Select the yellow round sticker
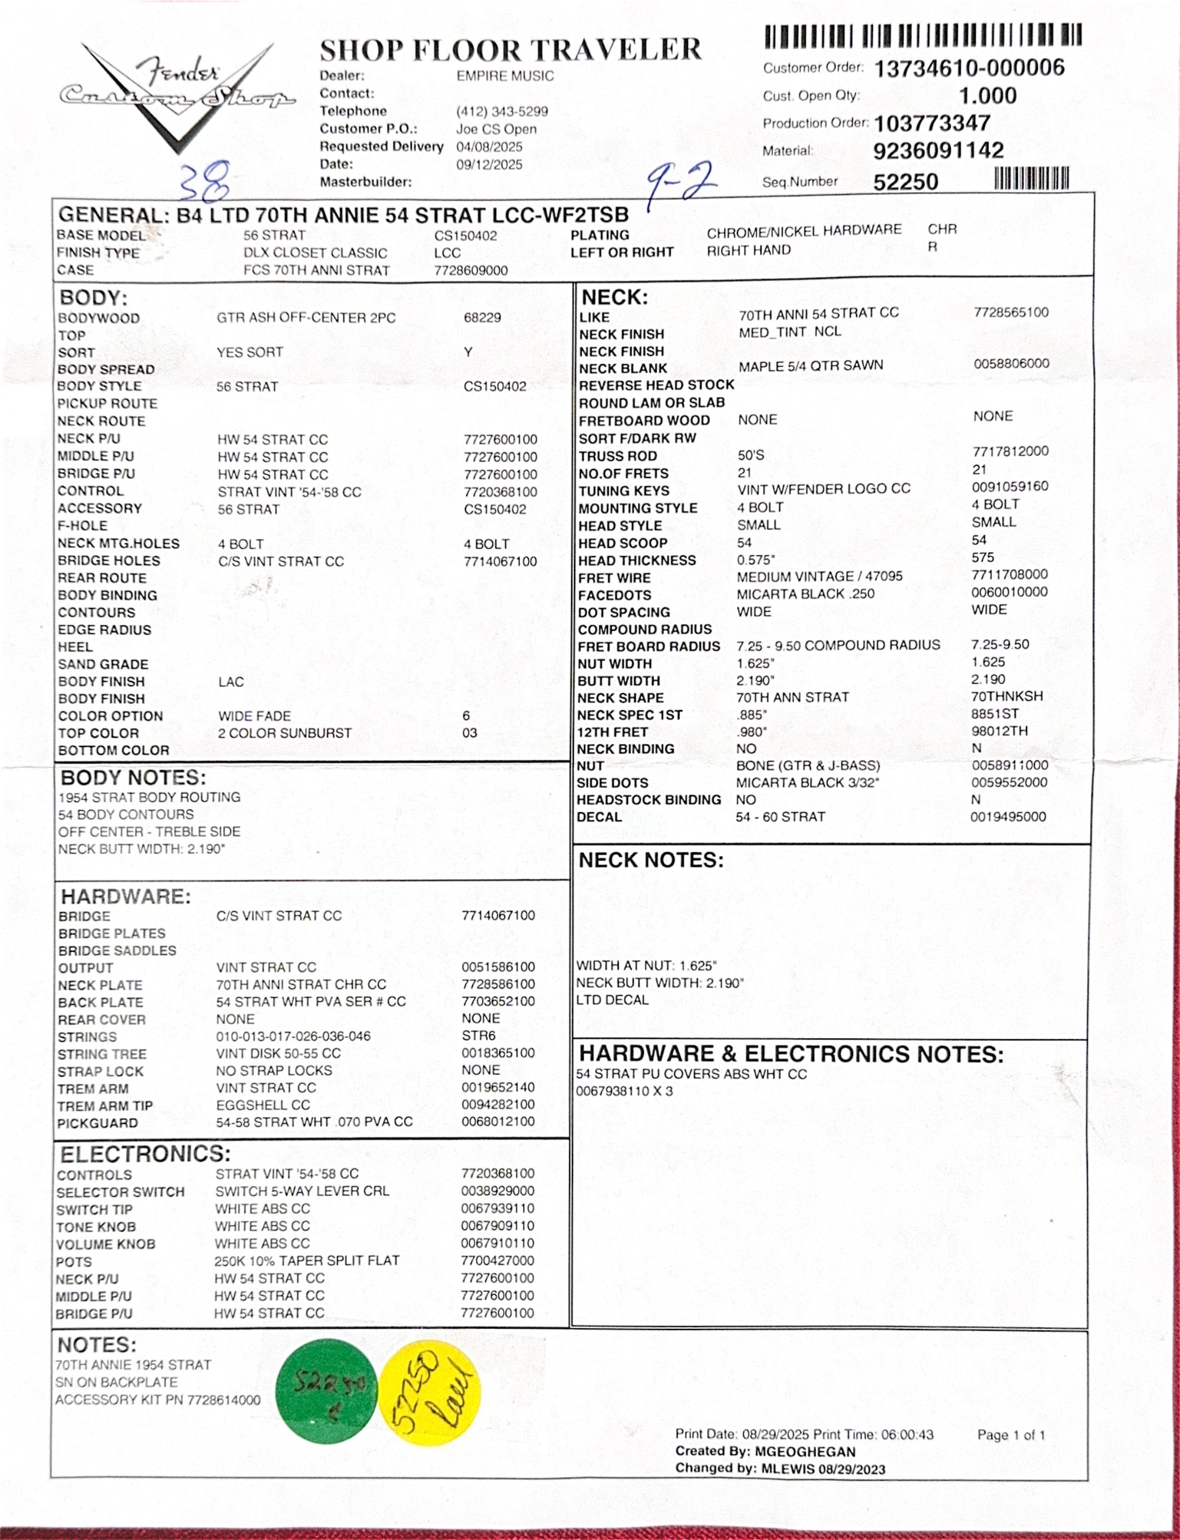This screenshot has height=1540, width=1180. coord(429,1393)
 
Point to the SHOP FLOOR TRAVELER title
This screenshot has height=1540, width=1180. coord(510,51)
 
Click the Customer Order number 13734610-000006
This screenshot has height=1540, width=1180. coord(969,68)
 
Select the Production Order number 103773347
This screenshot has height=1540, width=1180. coord(932,124)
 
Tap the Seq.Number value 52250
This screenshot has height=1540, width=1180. coord(906,182)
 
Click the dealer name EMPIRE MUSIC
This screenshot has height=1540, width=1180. coord(505,76)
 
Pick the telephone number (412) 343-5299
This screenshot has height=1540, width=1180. coord(501,111)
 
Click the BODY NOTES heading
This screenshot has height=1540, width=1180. coord(133,777)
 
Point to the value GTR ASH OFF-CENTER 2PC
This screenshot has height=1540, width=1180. coord(306,317)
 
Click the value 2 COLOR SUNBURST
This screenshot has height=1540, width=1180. coord(284,733)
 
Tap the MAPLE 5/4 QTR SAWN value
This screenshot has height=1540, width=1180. coord(811,365)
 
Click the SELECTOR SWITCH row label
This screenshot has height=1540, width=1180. coord(120,1191)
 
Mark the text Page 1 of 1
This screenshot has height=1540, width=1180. coord(1011,1434)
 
